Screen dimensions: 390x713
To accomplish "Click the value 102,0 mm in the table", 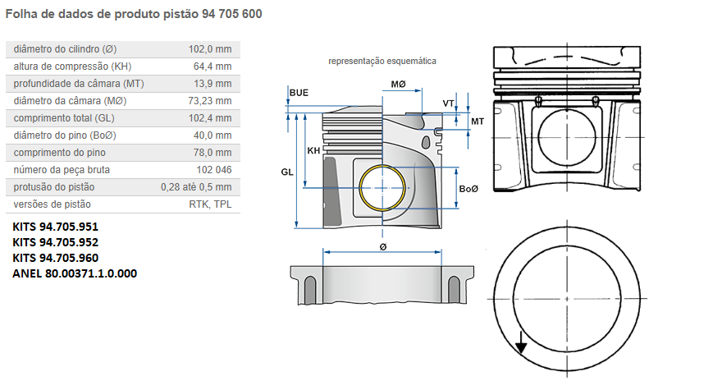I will pyautogui.click(x=210, y=49).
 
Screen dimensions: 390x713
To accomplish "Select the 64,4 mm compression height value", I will pyautogui.click(x=213, y=67).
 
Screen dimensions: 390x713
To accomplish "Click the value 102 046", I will pyautogui.click(x=214, y=170).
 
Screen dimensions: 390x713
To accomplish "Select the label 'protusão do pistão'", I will pyautogui.click(x=53, y=187).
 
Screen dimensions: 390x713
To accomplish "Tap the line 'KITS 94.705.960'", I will pyautogui.click(x=56, y=258).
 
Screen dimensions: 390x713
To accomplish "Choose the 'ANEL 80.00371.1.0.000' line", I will pyautogui.click(x=75, y=273).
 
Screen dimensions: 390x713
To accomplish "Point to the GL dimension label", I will pyautogui.click(x=287, y=172).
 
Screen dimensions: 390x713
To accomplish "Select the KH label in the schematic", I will pyautogui.click(x=313, y=151).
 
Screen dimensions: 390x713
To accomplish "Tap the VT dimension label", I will pyautogui.click(x=449, y=103).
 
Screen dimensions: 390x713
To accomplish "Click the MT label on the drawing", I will pyautogui.click(x=477, y=122).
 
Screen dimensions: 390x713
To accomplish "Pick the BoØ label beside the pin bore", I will pyautogui.click(x=468, y=189).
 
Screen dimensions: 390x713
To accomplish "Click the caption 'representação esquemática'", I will pyautogui.click(x=382, y=61).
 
